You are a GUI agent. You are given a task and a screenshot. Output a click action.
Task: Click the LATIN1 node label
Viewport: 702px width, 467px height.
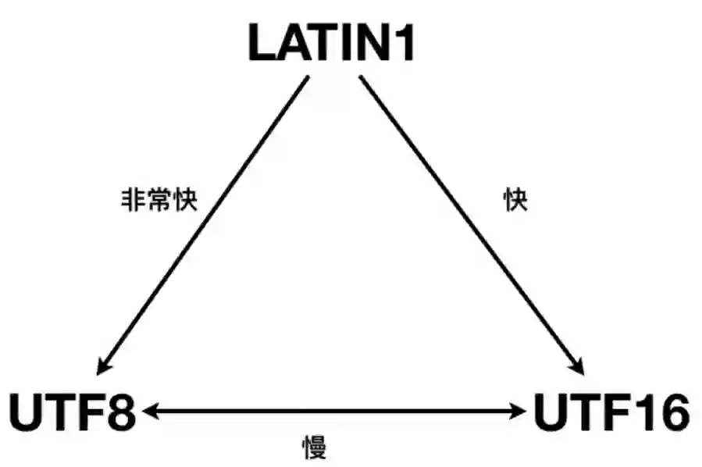332,44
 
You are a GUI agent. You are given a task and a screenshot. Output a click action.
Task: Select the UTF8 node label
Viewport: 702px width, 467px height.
73,412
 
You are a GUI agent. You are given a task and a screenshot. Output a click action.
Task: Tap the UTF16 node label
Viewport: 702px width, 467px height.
611,412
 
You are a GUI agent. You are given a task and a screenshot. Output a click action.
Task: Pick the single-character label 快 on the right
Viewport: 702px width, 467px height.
515,201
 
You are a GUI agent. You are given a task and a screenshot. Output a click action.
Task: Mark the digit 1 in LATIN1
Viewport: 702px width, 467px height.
404,44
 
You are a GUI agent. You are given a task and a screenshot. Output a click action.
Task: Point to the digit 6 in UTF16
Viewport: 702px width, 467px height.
671,412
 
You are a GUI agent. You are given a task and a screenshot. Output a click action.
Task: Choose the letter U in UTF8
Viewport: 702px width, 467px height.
26,412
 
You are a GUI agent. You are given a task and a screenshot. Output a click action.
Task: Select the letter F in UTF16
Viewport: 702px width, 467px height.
615,412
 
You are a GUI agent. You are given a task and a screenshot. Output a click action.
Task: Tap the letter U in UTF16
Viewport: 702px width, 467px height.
551,412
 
